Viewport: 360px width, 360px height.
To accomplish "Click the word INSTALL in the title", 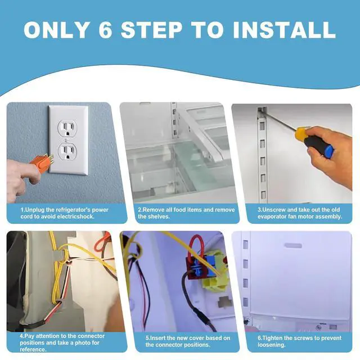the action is (x=285, y=30).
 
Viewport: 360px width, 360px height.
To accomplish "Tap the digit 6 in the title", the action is (x=105, y=30).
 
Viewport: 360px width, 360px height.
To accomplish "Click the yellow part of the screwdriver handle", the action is (x=301, y=134).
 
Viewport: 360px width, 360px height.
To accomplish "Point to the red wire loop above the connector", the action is (x=196, y=247).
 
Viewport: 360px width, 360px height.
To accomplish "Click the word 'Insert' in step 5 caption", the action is (x=157, y=338).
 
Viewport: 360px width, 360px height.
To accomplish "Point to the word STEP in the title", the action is (x=152, y=30).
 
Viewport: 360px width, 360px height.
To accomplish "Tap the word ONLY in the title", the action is (x=56, y=30).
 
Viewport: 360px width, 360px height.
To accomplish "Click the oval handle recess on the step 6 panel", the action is (x=293, y=246).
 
